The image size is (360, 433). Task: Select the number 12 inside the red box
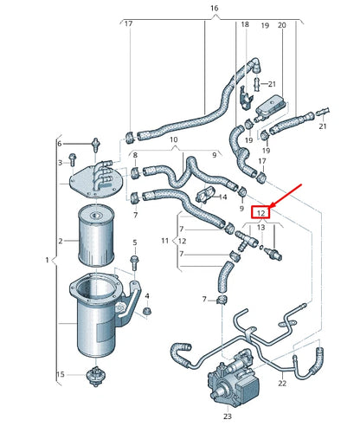[260, 210]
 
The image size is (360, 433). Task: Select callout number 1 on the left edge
[46, 261]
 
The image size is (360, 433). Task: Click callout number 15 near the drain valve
[61, 374]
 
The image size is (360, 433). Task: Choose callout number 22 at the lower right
[281, 383]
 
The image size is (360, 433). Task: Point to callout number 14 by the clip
[223, 197]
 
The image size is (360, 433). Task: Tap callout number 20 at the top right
[281, 26]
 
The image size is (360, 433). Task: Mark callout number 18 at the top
[245, 26]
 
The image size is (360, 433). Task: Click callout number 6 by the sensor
[60, 143]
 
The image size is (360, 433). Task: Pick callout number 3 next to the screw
[60, 162]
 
